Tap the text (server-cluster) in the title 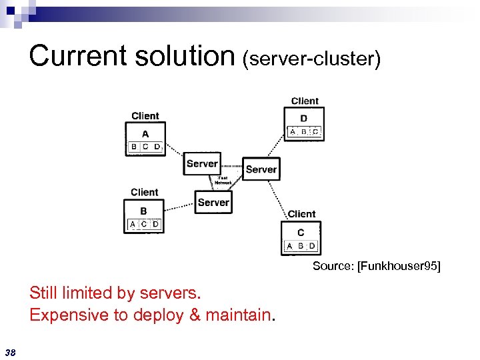(x=311, y=59)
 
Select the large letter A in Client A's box (x=145, y=133)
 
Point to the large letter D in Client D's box (x=304, y=119)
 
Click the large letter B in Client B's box (x=144, y=211)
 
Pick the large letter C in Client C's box (x=301, y=233)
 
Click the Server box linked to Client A (x=202, y=163)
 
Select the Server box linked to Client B (x=213, y=202)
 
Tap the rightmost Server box (x=261, y=169)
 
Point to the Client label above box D (x=305, y=101)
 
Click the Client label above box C (x=301, y=214)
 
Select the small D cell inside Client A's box (x=157, y=147)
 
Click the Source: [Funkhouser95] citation (x=377, y=267)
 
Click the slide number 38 (x=11, y=352)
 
